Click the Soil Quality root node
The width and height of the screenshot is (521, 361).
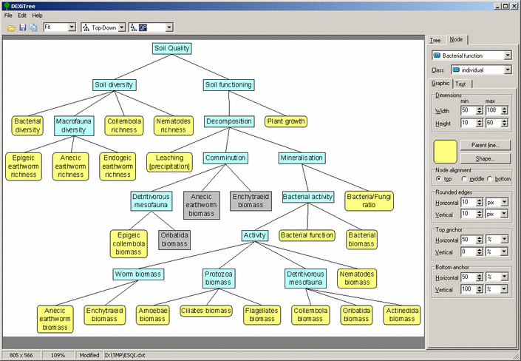[171, 48]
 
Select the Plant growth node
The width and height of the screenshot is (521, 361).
[286, 121]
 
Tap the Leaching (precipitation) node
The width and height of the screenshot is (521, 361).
[169, 162]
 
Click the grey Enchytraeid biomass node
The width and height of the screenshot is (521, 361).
[251, 200]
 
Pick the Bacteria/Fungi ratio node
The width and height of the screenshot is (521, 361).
[369, 200]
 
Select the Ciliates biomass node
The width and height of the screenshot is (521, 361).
[206, 311]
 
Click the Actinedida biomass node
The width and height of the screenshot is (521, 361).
[402, 314]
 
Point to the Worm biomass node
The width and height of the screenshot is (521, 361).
[138, 274]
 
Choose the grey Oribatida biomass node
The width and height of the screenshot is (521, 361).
[174, 240]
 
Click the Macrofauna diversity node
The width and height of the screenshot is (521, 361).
[74, 126]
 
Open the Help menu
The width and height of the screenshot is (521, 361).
[37, 16]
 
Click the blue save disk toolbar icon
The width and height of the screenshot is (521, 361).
[23, 27]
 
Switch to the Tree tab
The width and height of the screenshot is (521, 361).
[435, 40]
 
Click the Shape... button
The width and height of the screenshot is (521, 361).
[486, 159]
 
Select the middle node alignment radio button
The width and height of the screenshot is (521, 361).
[464, 179]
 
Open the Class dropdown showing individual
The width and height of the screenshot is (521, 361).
[481, 70]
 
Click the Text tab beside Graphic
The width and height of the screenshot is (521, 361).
[461, 84]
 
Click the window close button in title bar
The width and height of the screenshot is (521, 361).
[514, 6]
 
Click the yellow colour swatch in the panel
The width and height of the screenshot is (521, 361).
[446, 152]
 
